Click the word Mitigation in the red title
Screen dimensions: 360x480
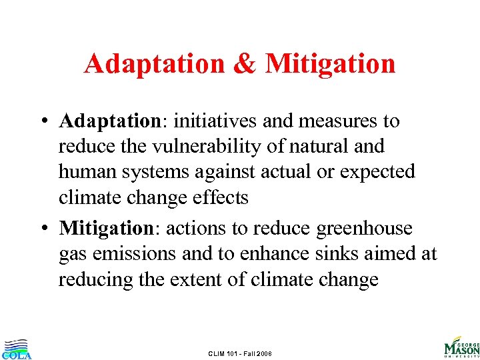click(330, 65)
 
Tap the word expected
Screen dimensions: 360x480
click(377, 172)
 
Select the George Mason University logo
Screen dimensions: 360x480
click(461, 347)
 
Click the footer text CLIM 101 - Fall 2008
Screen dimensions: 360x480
click(240, 353)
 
